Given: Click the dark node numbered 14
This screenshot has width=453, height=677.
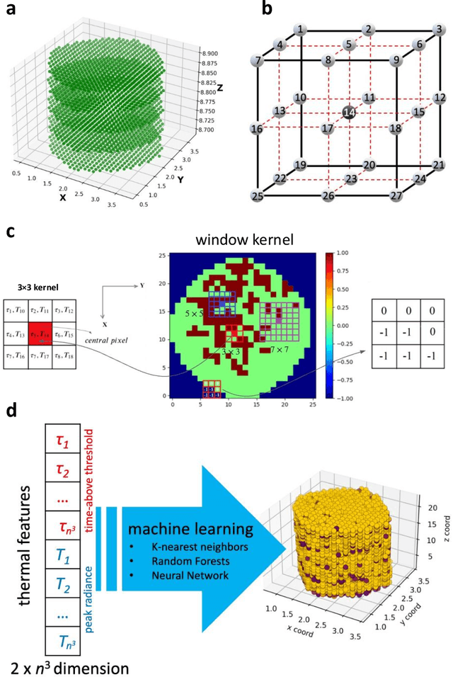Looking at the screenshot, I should click(348, 112).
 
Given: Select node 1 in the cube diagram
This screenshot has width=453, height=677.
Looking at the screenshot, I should click(302, 30).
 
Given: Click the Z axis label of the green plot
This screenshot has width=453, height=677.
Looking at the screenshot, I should click(220, 89).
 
